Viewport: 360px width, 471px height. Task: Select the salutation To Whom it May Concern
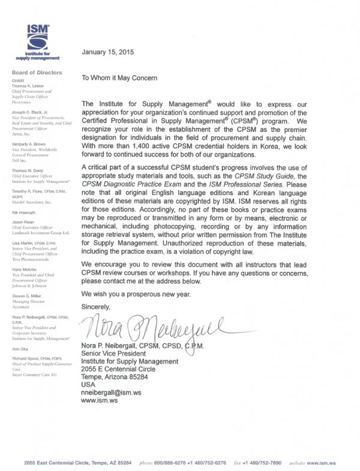pyautogui.click(x=119, y=78)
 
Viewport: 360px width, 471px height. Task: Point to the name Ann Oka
pyautogui.click(x=21, y=348)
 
